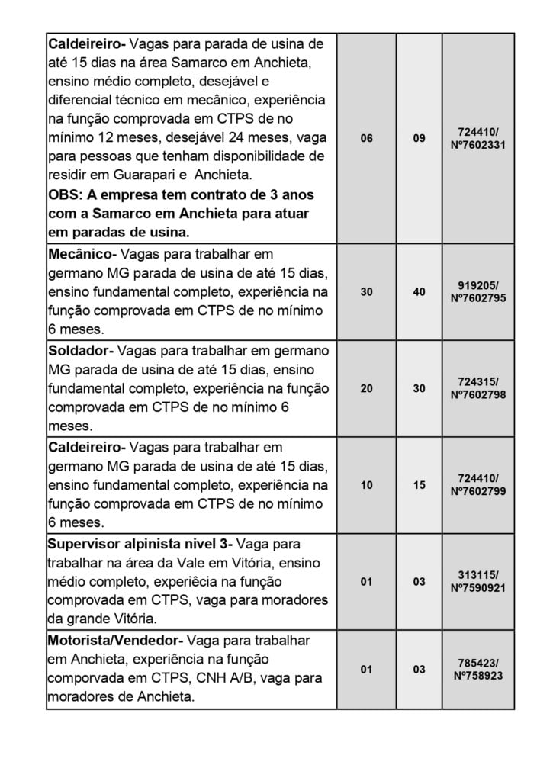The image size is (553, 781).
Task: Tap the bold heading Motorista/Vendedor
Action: coord(113,641)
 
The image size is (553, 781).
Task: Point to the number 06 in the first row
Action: coord(366,138)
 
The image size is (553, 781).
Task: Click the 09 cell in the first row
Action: coord(419,138)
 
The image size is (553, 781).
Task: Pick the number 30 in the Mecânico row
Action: coord(366,291)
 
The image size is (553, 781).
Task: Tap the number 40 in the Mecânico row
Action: coord(419,291)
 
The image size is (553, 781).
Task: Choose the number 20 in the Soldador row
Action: coord(366,388)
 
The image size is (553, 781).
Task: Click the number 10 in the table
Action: coord(366,484)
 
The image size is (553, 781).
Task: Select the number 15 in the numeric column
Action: coord(419,484)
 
